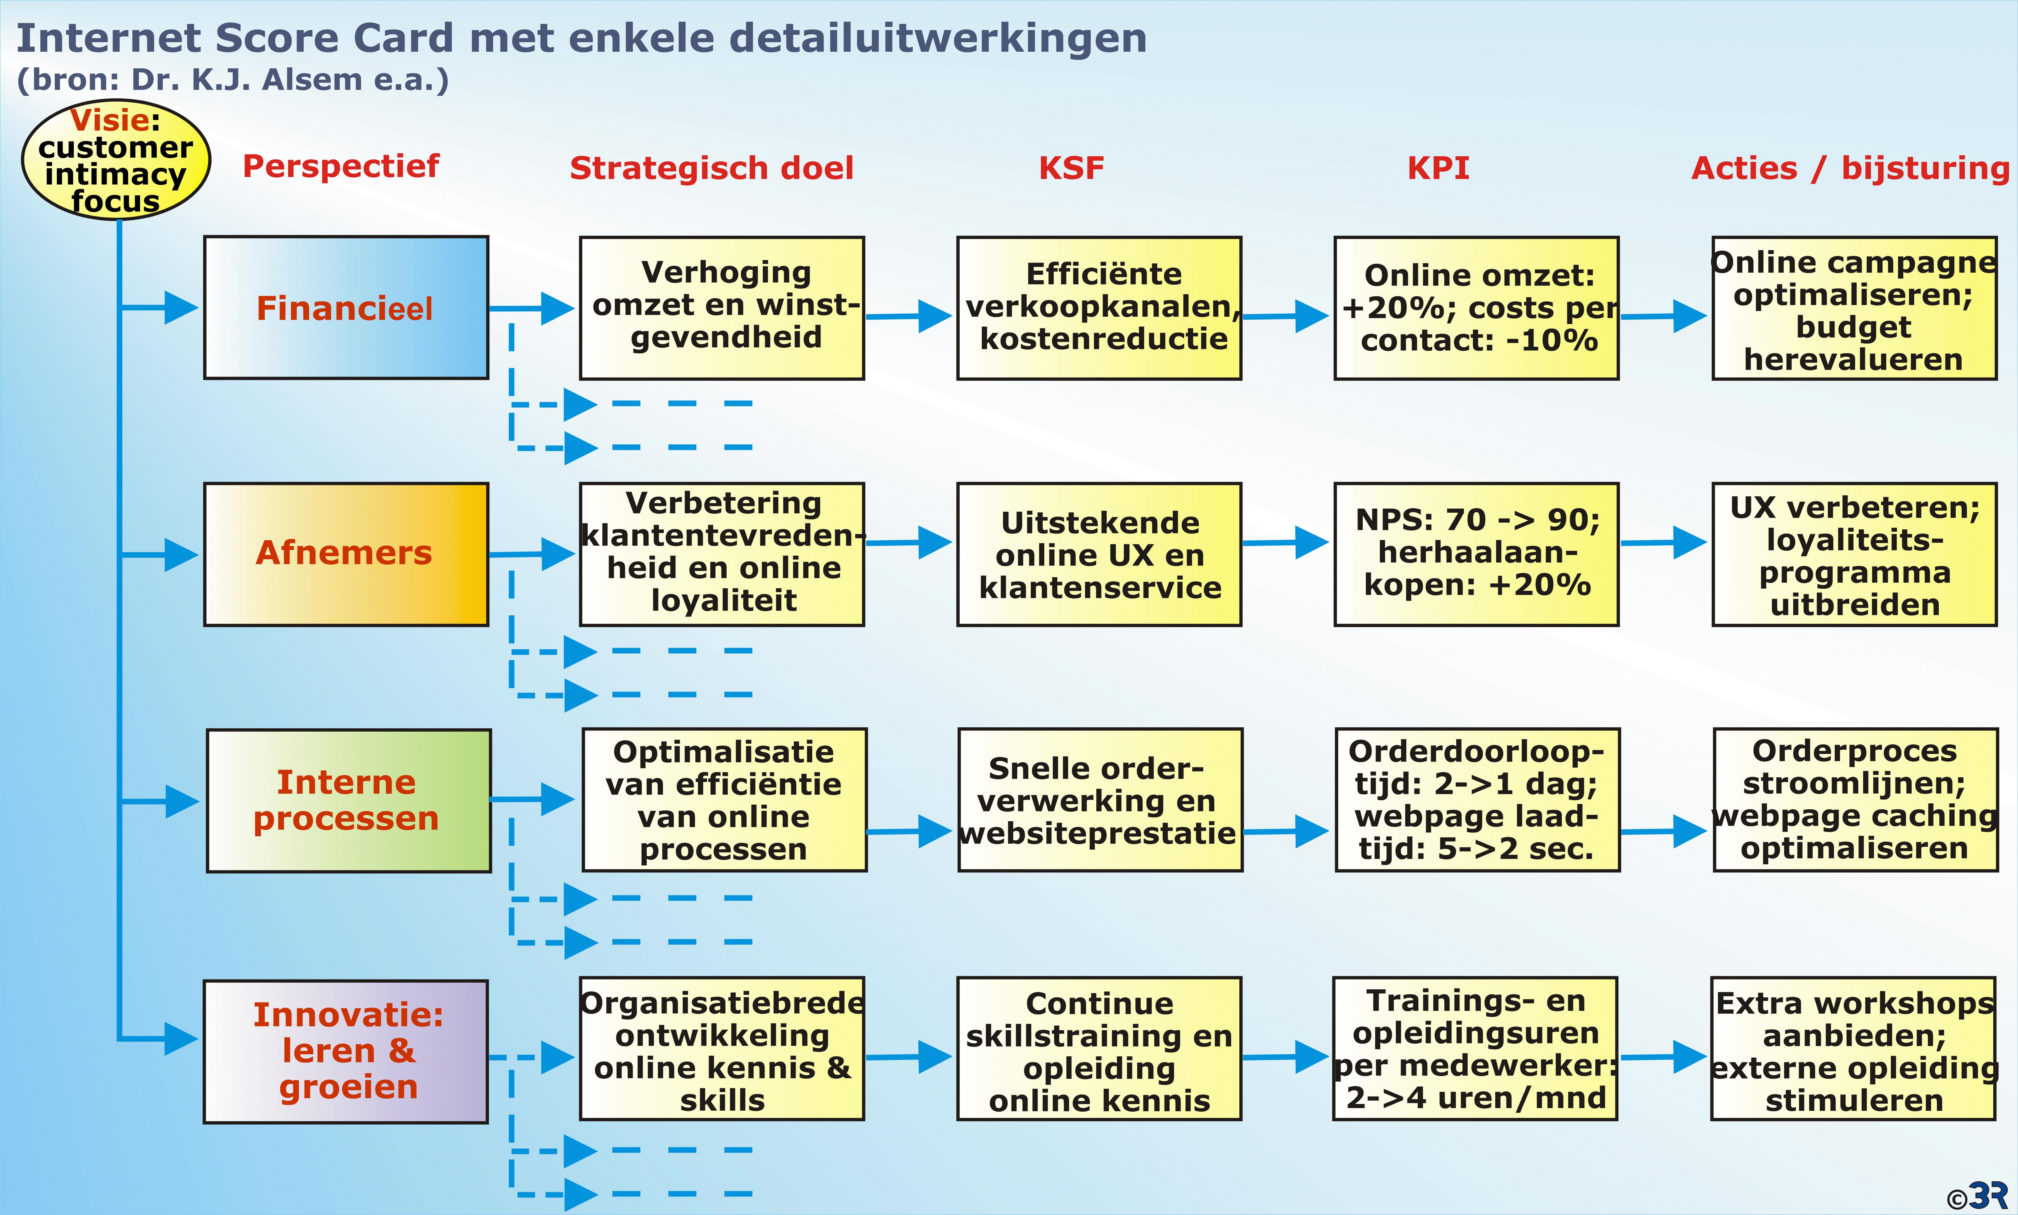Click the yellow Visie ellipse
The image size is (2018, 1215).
pyautogui.click(x=115, y=160)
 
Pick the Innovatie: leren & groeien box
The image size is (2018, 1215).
pyautogui.click(x=346, y=1051)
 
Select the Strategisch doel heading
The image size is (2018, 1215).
pyautogui.click(x=711, y=169)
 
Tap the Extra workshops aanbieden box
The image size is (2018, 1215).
pyautogui.click(x=1853, y=1049)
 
